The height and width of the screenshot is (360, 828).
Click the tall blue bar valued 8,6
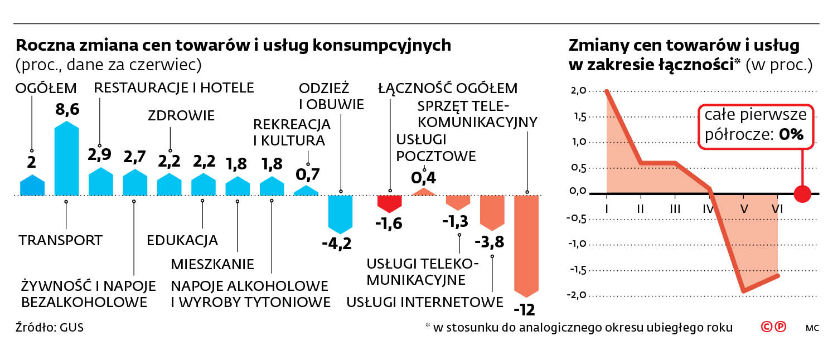[66, 159]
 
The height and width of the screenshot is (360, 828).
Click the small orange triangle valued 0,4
[424, 192]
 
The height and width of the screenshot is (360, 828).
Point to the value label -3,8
[488, 243]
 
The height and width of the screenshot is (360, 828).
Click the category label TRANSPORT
[61, 241]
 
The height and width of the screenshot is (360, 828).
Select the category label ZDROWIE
[181, 116]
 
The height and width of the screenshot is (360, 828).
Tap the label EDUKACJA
[182, 241]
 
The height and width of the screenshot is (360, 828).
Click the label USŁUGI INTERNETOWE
[425, 303]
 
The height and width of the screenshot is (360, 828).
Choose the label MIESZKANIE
[212, 264]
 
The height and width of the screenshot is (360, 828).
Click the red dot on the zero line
[802, 194]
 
